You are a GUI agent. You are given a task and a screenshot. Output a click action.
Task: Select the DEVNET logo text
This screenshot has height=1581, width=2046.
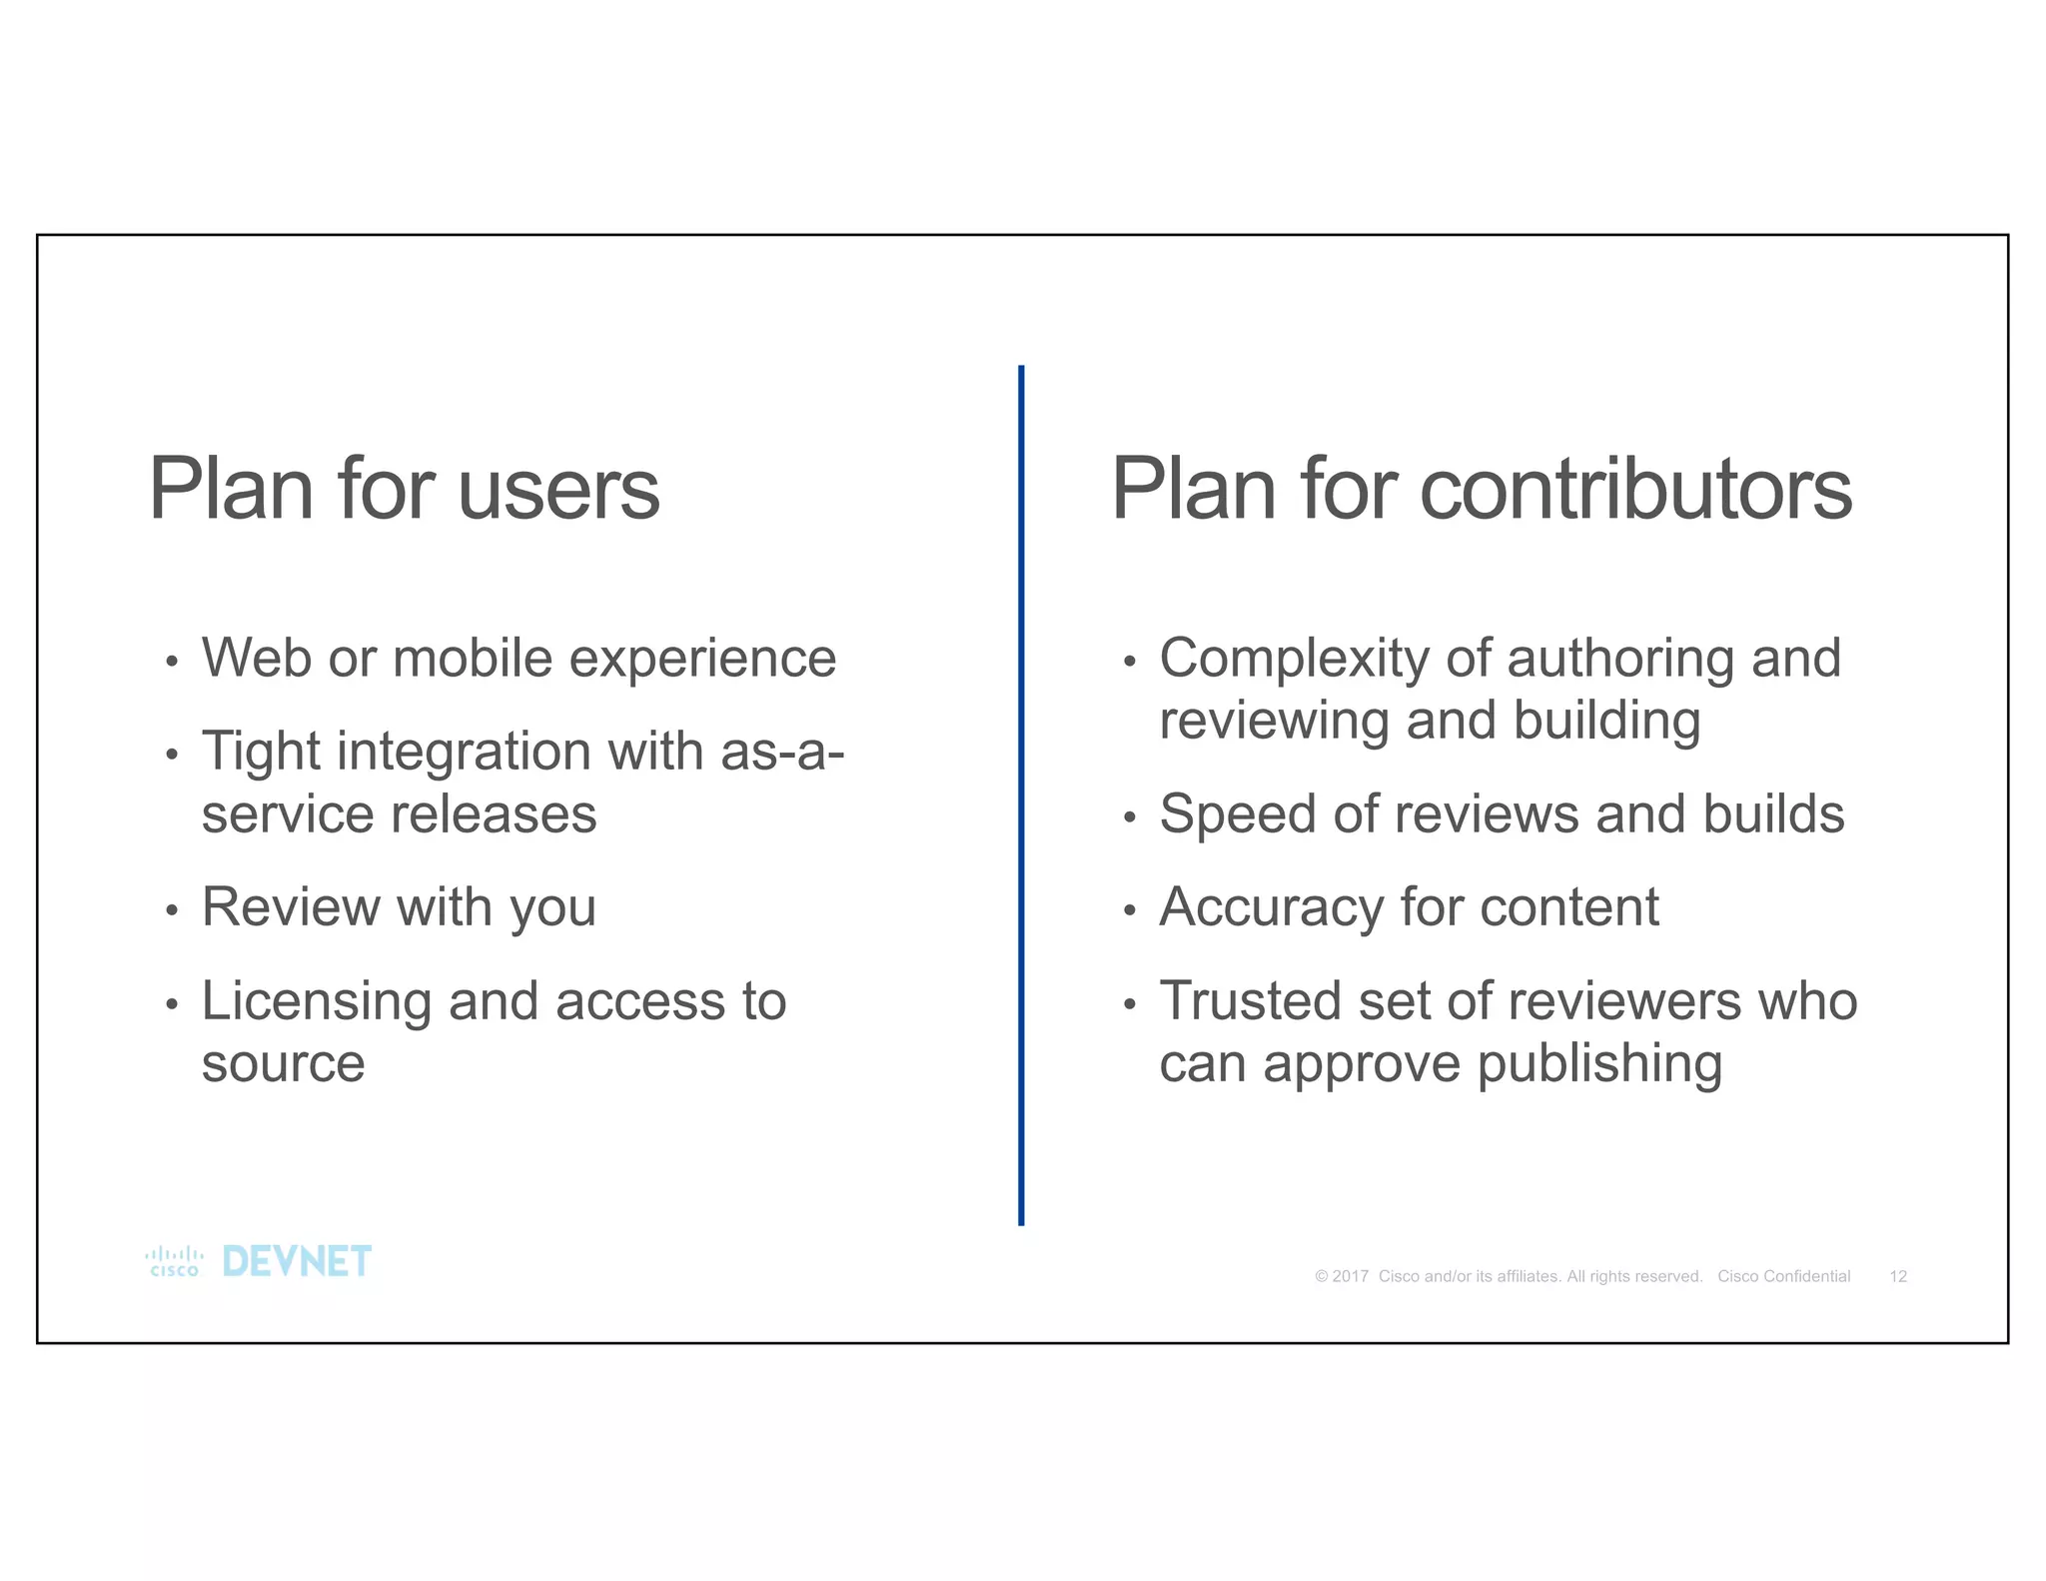[x=297, y=1262]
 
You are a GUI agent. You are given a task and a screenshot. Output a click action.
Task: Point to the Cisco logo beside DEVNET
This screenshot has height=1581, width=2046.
[x=174, y=1262]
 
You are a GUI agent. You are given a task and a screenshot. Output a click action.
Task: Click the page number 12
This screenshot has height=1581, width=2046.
[x=1898, y=1276]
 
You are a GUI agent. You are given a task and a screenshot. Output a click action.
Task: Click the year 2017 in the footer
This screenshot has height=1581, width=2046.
[x=1350, y=1276]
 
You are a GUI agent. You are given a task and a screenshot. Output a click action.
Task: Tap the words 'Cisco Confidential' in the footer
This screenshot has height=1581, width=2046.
[x=1783, y=1276]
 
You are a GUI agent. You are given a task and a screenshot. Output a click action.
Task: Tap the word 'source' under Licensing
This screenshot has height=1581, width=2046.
[x=283, y=1063]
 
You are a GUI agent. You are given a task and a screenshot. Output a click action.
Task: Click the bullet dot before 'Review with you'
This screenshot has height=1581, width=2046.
[x=172, y=910]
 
